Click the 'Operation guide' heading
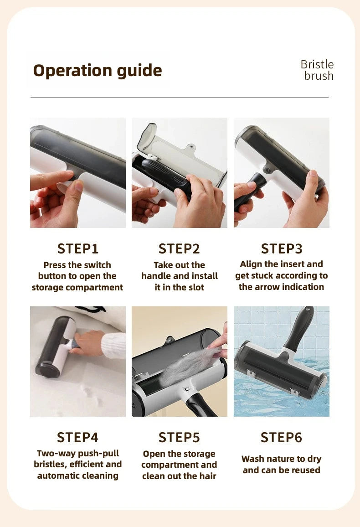point(97,71)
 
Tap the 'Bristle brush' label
point(317,70)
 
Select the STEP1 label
point(78,248)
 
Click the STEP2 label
point(179,248)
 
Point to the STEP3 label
point(281,248)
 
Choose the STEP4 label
point(78,437)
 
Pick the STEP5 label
point(179,437)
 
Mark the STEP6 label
point(281,437)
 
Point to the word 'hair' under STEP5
point(206,476)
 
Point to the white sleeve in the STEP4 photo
point(113,345)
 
